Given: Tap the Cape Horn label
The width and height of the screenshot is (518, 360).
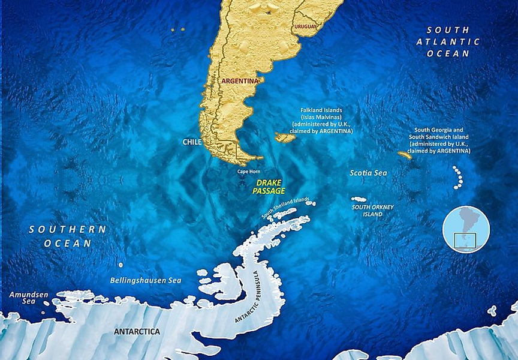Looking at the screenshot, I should click(x=249, y=172).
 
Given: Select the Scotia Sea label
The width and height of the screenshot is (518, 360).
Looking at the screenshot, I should click(x=368, y=173).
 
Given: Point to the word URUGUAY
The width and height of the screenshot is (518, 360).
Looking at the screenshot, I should click(x=306, y=27).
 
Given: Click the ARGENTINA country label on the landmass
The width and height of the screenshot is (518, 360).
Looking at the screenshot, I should click(x=240, y=80).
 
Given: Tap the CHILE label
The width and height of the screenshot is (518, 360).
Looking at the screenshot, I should click(x=192, y=142).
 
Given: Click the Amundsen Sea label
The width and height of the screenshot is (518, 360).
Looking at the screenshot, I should click(x=22, y=298).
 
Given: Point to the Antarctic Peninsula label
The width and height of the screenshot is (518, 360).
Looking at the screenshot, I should click(x=254, y=297).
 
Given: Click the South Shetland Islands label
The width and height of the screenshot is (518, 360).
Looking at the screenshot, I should click(x=285, y=208).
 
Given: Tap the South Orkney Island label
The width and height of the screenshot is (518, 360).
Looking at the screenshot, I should click(x=373, y=211).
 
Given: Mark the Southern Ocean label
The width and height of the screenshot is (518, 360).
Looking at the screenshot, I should click(x=67, y=236).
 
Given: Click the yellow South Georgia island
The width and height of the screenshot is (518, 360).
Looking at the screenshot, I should click(x=405, y=155).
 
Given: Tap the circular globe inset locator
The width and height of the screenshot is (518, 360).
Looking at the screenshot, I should click(x=466, y=229).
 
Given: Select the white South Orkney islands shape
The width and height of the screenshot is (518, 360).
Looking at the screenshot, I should click(x=359, y=199).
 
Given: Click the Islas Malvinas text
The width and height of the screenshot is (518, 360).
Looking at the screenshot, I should click(x=321, y=117).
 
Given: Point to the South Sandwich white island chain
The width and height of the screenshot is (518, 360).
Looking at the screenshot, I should click(x=459, y=178).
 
